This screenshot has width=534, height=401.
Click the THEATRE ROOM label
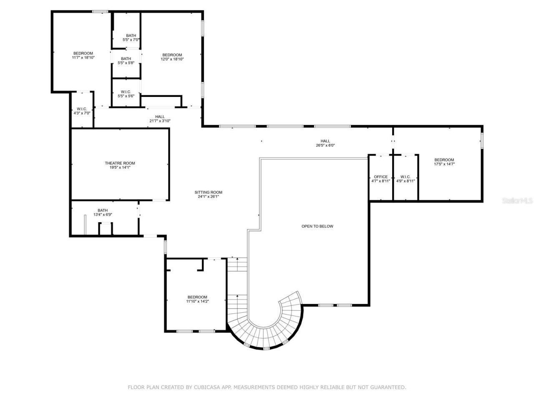120,163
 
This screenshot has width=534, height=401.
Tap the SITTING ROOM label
209,193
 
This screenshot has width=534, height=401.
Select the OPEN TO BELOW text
317,226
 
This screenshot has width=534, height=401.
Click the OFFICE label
380,177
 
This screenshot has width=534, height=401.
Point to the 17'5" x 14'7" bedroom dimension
444,164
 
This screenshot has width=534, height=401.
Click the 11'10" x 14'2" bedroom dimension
197,301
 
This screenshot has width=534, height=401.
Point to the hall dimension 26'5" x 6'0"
325,146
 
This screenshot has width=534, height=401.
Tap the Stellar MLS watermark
517,201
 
